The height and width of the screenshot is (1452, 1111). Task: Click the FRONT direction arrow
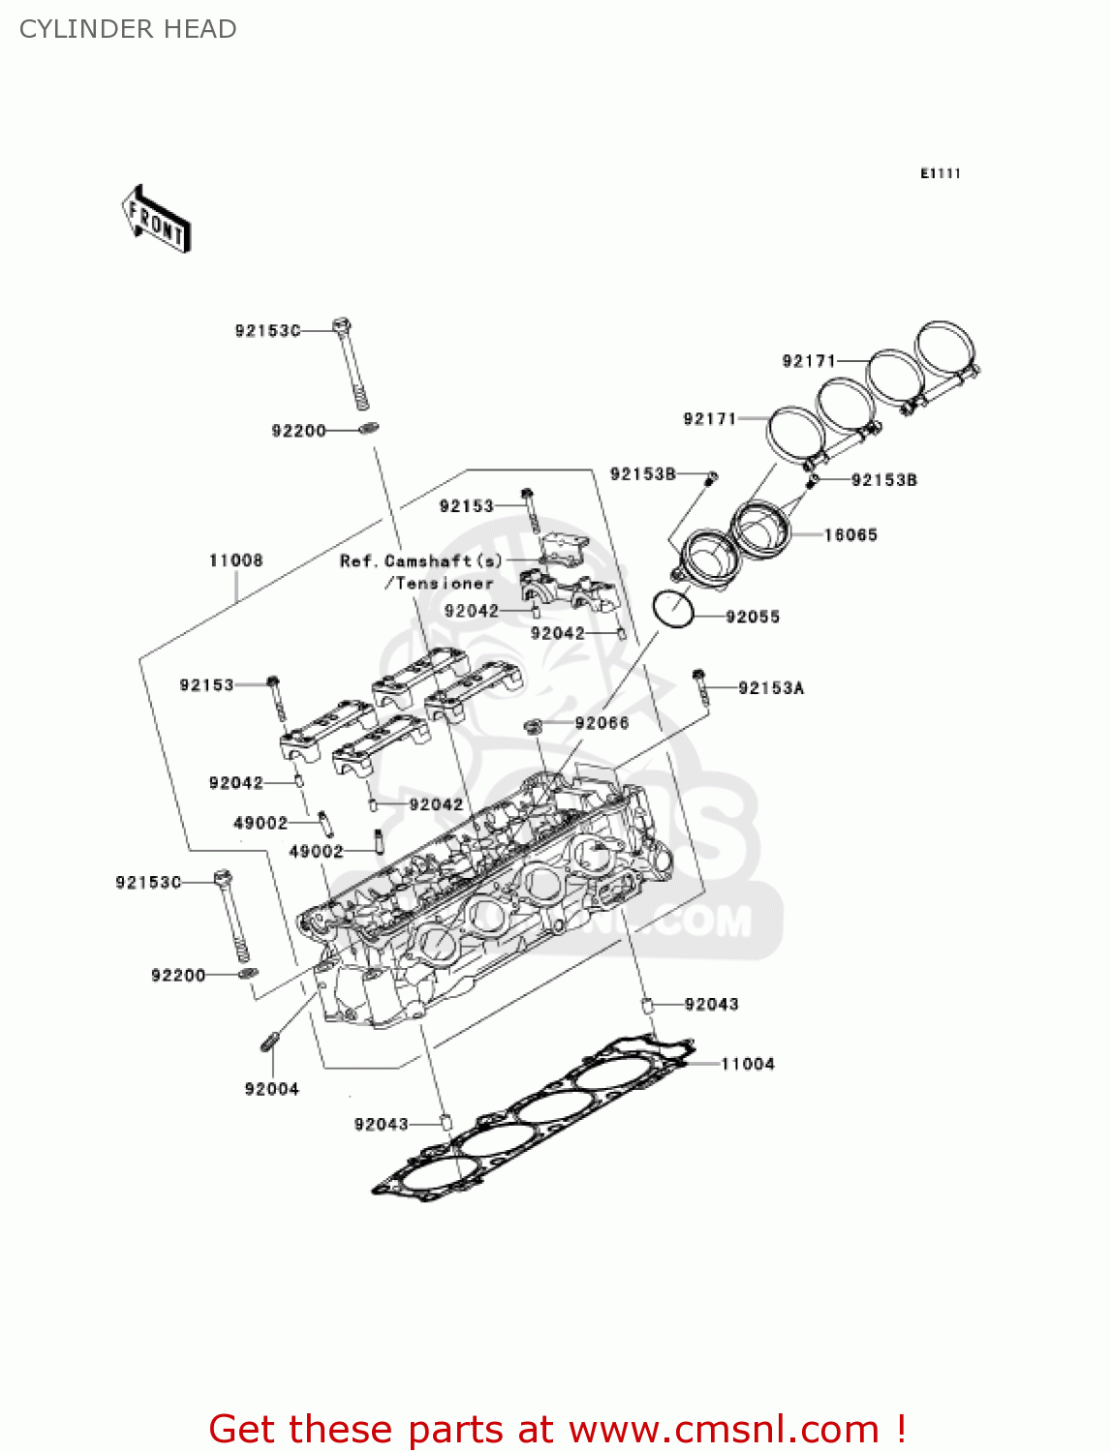point(156,220)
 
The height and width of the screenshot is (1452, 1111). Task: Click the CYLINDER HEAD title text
point(128,29)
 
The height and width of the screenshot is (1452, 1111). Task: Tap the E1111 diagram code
point(940,173)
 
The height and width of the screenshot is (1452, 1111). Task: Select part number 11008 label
point(235,560)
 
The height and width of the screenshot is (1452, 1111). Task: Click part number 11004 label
point(747,1064)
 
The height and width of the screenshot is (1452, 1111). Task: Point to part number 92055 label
point(752,617)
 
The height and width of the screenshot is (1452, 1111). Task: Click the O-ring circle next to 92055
point(672,609)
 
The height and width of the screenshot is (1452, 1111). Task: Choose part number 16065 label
point(849,534)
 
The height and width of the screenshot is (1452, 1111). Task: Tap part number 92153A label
point(770,688)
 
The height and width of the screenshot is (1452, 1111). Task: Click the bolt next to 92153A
point(699,684)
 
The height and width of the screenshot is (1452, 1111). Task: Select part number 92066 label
point(601,723)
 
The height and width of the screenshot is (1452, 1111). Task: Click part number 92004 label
point(271,1089)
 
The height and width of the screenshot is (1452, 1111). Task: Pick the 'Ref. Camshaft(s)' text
point(420,561)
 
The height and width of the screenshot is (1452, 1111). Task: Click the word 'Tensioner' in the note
point(444,584)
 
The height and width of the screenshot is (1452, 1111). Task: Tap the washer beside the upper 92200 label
point(368,428)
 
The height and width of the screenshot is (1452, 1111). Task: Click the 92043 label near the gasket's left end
point(381,1124)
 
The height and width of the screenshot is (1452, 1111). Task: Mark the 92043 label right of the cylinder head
point(711,1004)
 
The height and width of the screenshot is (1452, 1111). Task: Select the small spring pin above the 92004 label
point(270,1042)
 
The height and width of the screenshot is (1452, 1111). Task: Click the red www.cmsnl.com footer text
point(557,1429)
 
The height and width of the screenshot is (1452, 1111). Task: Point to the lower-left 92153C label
point(148,882)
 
